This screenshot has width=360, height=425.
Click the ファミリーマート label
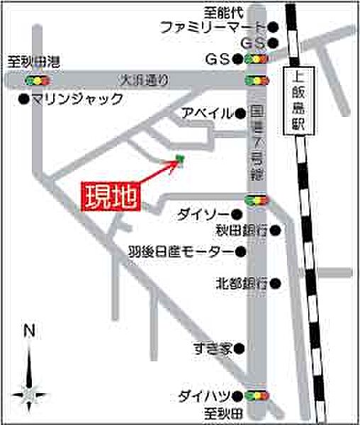click(210, 28)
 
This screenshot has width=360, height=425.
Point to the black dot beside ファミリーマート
click(272, 28)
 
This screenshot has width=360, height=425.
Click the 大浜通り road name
click(145, 80)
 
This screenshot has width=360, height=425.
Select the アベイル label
click(206, 112)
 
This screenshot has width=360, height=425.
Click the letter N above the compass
click(29, 330)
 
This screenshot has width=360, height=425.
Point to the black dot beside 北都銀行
click(276, 283)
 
